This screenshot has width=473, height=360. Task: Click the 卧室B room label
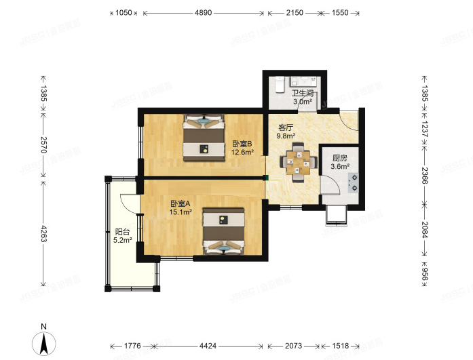coord(242,144)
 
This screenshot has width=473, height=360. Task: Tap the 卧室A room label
coord(181,203)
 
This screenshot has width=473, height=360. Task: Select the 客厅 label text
coord(286,127)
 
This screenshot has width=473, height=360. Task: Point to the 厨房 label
coord(340,158)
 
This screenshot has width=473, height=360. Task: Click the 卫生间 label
coord(303,93)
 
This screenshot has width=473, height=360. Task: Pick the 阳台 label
coord(122,232)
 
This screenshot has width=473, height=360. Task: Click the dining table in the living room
coord(299,163)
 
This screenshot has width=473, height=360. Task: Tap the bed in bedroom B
coord(204,137)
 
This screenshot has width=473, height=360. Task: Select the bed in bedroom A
coord(223,231)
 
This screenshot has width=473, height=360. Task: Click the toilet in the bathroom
coord(280,84)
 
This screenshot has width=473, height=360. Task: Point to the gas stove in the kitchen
coord(354,183)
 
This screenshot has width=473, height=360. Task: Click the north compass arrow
coord(44,344)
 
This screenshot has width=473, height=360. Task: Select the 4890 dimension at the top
coord(204,13)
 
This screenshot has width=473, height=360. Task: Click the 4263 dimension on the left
coord(43,233)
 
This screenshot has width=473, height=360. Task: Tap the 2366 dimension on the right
coord(424,176)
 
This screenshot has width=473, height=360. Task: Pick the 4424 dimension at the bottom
coord(208,346)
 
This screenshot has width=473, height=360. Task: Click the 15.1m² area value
coord(181,212)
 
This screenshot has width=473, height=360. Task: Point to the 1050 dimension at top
coord(124,13)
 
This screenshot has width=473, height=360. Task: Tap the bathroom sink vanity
coord(303,81)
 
